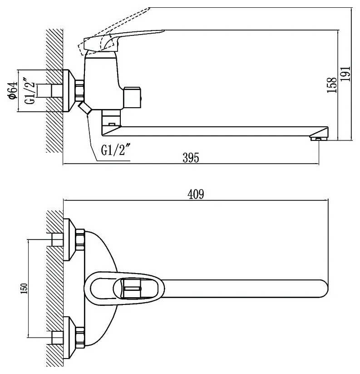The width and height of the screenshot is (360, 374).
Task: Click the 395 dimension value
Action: [191, 157]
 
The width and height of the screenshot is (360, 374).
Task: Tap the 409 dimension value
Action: [196, 194]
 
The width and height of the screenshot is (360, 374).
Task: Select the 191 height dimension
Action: [345, 74]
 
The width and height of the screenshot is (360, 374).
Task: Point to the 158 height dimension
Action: [332, 85]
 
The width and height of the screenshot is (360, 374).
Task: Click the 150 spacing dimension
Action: [24, 288]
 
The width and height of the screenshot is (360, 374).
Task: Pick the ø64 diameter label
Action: [13, 90]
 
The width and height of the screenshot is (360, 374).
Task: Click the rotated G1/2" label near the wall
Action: [30, 90]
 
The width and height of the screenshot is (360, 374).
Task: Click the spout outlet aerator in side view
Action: [318, 138]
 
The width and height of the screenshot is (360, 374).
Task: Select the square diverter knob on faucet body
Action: [133, 97]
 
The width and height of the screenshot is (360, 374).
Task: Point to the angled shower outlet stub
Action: [84, 108]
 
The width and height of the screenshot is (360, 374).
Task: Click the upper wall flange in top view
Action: [69, 239]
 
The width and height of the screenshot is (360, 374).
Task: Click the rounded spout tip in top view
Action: [325, 289]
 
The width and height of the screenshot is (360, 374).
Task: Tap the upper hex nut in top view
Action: [80, 239]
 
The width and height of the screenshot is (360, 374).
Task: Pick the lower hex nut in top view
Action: [80, 338]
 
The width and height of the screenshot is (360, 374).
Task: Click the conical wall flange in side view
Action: [69, 90]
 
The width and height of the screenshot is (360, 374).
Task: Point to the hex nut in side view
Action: [79, 90]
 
